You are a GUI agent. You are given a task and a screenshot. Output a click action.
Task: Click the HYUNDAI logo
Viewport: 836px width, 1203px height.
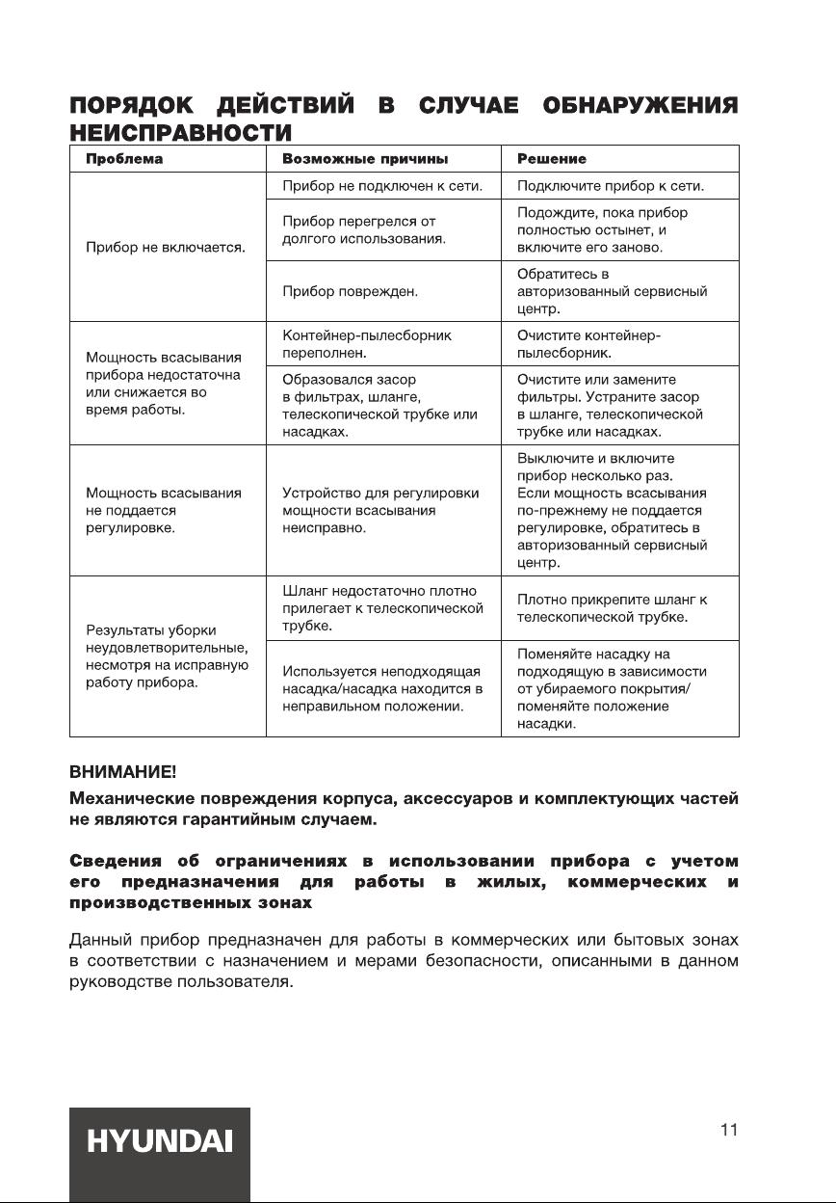159,1142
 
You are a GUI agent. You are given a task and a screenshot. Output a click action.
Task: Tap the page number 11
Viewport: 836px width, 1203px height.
728,1131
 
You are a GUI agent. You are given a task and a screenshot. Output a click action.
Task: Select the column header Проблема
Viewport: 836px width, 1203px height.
125,159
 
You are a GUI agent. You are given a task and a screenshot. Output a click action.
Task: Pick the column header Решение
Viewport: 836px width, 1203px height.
552,159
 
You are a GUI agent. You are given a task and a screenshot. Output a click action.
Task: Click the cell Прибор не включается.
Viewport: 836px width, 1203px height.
167,248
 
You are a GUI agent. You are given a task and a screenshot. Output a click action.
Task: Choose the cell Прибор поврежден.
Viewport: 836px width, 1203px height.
343,290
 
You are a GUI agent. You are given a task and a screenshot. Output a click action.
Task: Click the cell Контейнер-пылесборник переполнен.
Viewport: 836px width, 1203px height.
367,344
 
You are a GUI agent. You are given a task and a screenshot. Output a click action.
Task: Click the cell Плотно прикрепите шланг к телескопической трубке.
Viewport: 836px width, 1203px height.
613,608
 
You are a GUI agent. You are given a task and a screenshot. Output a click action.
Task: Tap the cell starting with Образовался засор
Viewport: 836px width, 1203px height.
379,406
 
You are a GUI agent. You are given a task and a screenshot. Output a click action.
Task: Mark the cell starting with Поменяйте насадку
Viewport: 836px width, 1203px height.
612,688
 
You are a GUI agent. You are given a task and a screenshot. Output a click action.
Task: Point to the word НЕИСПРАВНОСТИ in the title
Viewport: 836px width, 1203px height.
180,130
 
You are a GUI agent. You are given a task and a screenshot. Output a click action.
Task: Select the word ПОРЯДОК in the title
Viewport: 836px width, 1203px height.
133,104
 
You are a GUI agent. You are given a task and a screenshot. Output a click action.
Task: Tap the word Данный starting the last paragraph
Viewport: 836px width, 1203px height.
100,937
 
